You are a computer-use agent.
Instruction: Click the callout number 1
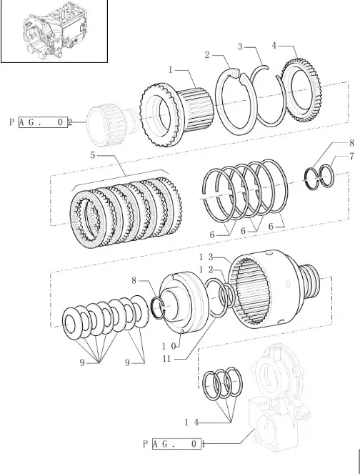click(171, 70)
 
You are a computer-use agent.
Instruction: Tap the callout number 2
click(207, 55)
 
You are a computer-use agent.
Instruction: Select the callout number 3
click(240, 47)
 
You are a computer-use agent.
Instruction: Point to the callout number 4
click(274, 46)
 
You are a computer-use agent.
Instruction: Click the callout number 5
click(93, 155)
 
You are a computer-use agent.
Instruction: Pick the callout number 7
click(351, 157)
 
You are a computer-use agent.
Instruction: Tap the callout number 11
click(166, 359)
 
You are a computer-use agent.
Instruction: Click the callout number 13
click(206, 257)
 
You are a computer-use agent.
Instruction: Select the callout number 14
click(191, 422)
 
